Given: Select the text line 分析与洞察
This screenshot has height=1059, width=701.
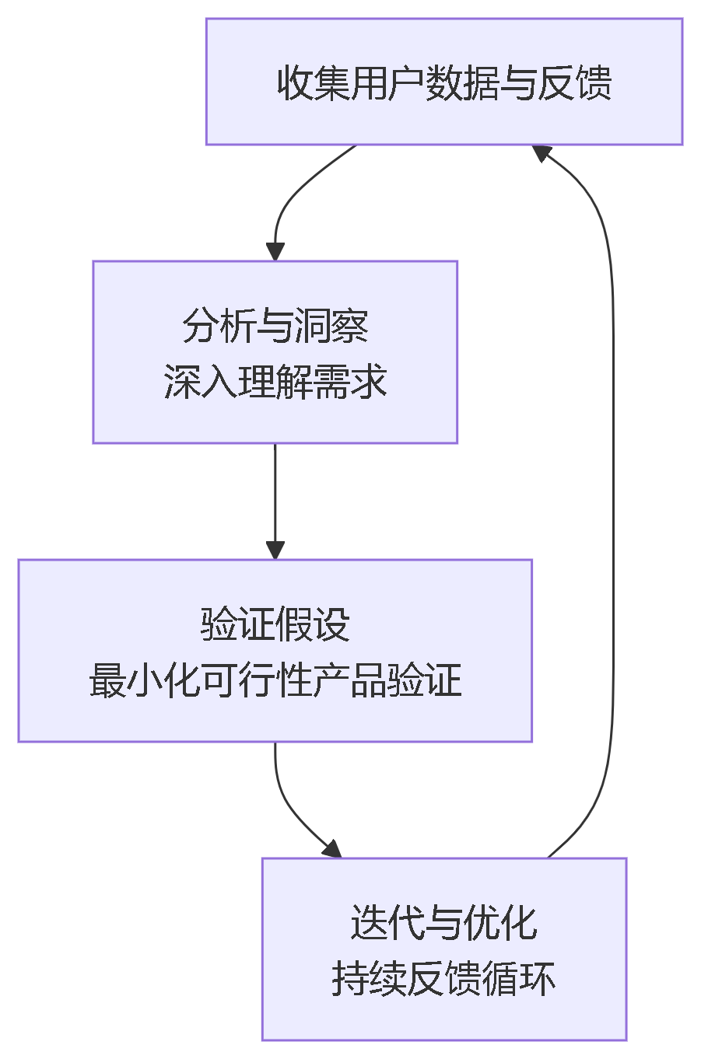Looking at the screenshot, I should [275, 325].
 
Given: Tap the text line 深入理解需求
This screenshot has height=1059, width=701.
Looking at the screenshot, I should [275, 382].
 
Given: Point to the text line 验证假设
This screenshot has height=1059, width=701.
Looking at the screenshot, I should [275, 624].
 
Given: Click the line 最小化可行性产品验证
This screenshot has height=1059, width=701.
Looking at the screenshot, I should [275, 680].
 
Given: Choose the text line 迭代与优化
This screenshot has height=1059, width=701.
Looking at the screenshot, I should [443, 922].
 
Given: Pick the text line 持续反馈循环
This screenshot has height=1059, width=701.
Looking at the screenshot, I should [443, 979].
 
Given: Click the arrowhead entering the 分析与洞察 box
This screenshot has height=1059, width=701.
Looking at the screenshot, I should [275, 252].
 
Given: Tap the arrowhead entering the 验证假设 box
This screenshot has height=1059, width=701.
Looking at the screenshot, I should [275, 550].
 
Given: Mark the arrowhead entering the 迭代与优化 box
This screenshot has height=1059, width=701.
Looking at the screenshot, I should [332, 849].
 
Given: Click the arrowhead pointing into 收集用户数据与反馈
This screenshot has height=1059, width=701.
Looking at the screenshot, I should [542, 152].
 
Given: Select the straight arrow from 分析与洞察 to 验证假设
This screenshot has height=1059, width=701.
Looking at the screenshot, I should [275, 498].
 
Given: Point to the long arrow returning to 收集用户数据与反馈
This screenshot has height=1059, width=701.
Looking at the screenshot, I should [612, 498].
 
